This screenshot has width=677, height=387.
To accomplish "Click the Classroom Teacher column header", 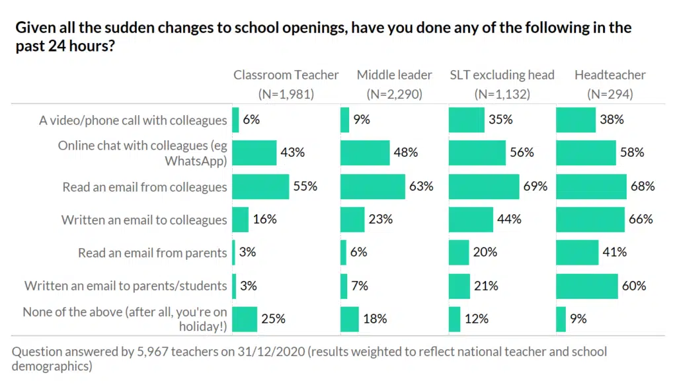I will (x=286, y=75).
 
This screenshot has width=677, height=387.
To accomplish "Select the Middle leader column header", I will (x=394, y=75).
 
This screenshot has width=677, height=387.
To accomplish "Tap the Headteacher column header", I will (x=610, y=75).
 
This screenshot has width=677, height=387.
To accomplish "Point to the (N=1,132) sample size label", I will (x=502, y=94).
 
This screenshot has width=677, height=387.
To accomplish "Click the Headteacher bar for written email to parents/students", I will (x=587, y=286).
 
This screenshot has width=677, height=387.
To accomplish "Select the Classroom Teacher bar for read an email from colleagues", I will (x=260, y=187).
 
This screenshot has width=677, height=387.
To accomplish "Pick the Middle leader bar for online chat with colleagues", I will (x=365, y=152).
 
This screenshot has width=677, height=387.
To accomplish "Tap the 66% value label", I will (x=641, y=220).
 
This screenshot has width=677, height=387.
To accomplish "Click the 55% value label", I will (x=305, y=187).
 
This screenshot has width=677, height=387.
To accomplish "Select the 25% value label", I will (x=273, y=319).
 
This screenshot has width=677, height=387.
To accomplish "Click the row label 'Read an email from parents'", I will (x=152, y=253).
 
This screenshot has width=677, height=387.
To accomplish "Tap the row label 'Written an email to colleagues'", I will (x=144, y=220).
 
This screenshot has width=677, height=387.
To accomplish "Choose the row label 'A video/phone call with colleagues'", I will (x=133, y=120).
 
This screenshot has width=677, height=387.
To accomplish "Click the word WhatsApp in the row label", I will (x=196, y=161).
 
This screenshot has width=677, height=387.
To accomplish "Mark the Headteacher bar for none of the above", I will (x=561, y=319).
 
